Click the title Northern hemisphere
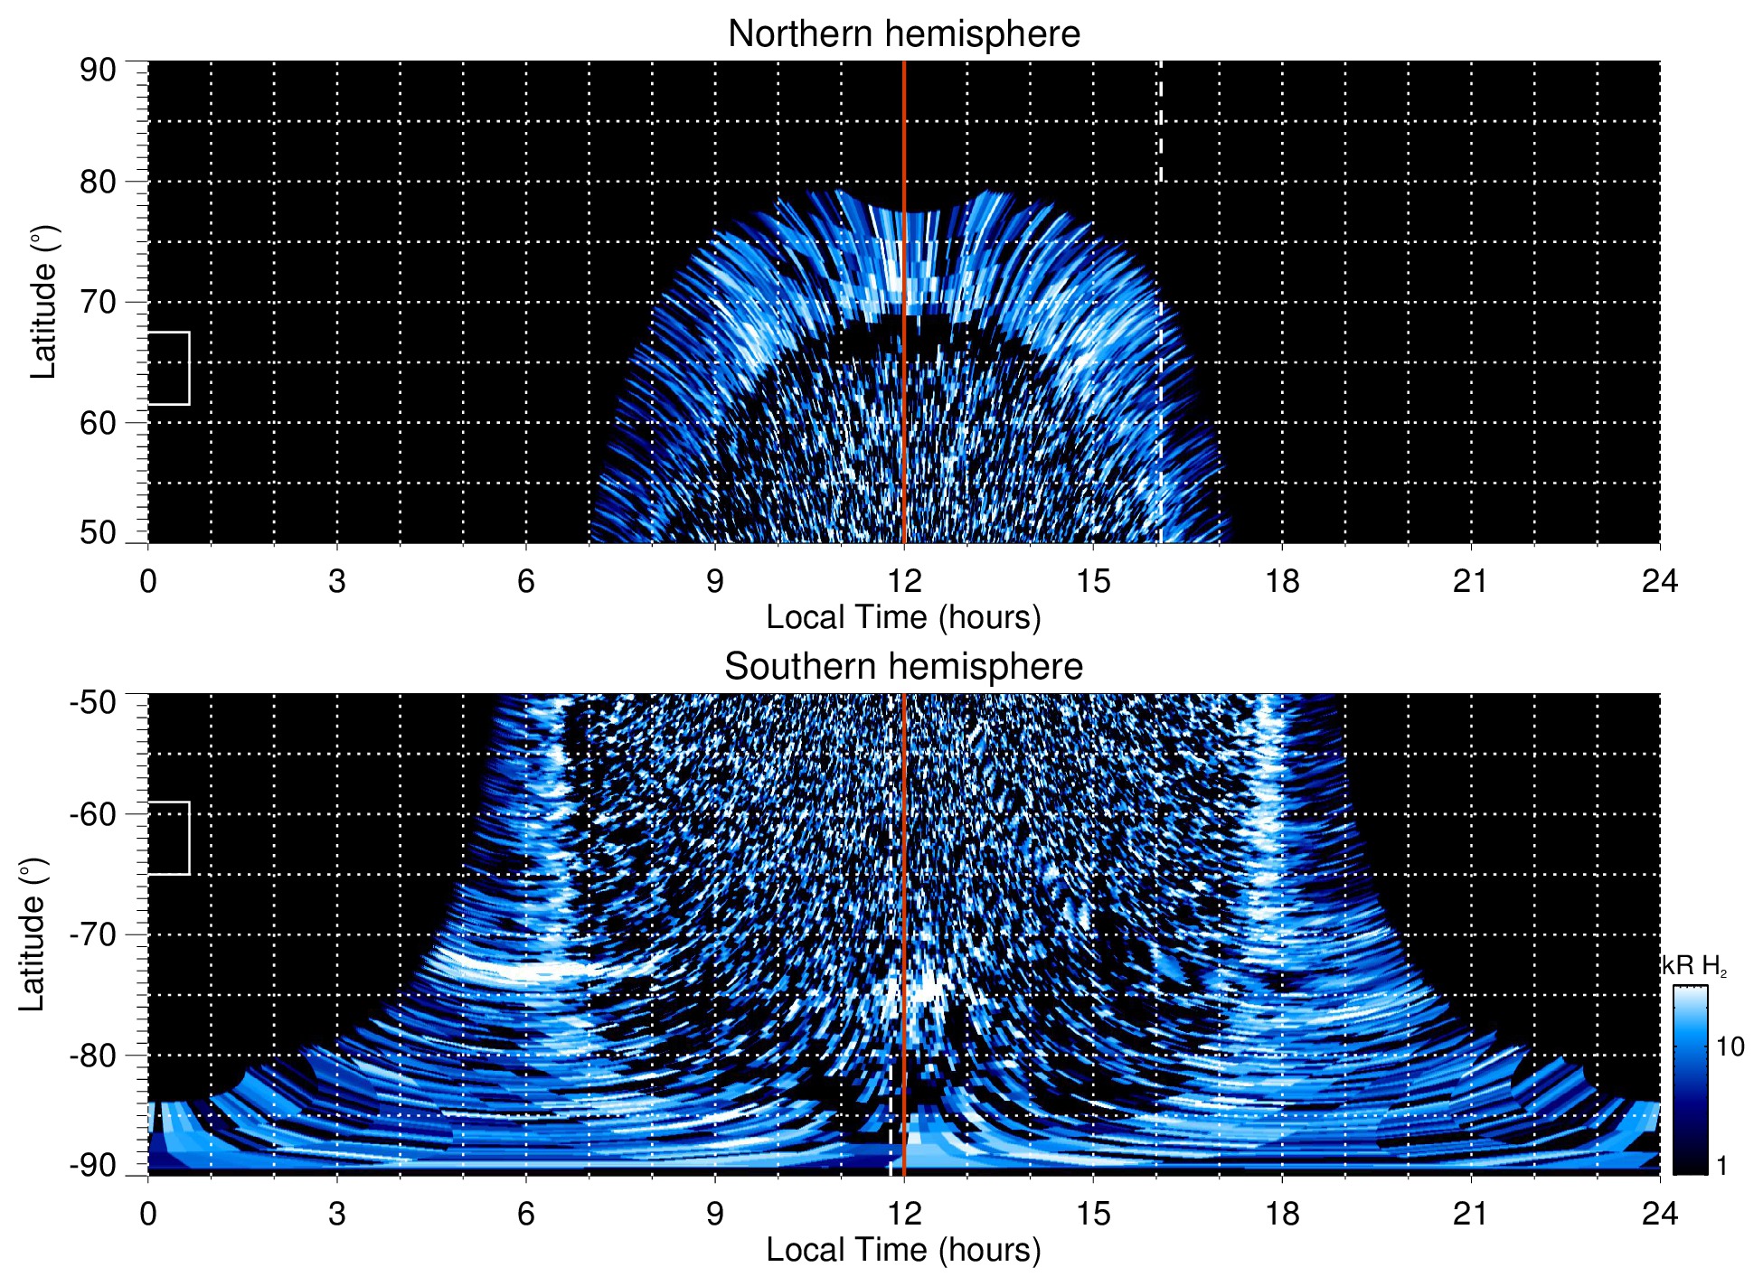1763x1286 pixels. click(903, 34)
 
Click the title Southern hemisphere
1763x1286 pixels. click(903, 667)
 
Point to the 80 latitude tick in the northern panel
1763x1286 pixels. click(98, 182)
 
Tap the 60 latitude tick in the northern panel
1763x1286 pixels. click(98, 423)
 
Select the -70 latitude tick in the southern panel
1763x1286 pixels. click(93, 934)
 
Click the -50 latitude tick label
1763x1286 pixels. click(93, 702)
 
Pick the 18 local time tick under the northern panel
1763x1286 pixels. click(1281, 581)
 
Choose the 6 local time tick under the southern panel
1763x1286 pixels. click(525, 1214)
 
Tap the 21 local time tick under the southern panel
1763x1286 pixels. click(1470, 1214)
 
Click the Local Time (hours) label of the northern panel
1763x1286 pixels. click(903, 617)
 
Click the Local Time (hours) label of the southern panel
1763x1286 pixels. click(903, 1250)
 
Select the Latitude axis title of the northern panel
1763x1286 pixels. click(43, 302)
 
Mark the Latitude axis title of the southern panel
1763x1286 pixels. click(33, 934)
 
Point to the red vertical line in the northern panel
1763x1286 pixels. click(904, 271)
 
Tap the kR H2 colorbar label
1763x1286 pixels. click(1693, 966)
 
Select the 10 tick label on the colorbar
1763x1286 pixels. click(1730, 1047)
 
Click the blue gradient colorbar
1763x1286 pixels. click(1689, 1080)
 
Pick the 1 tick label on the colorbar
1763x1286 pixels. click(1721, 1166)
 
